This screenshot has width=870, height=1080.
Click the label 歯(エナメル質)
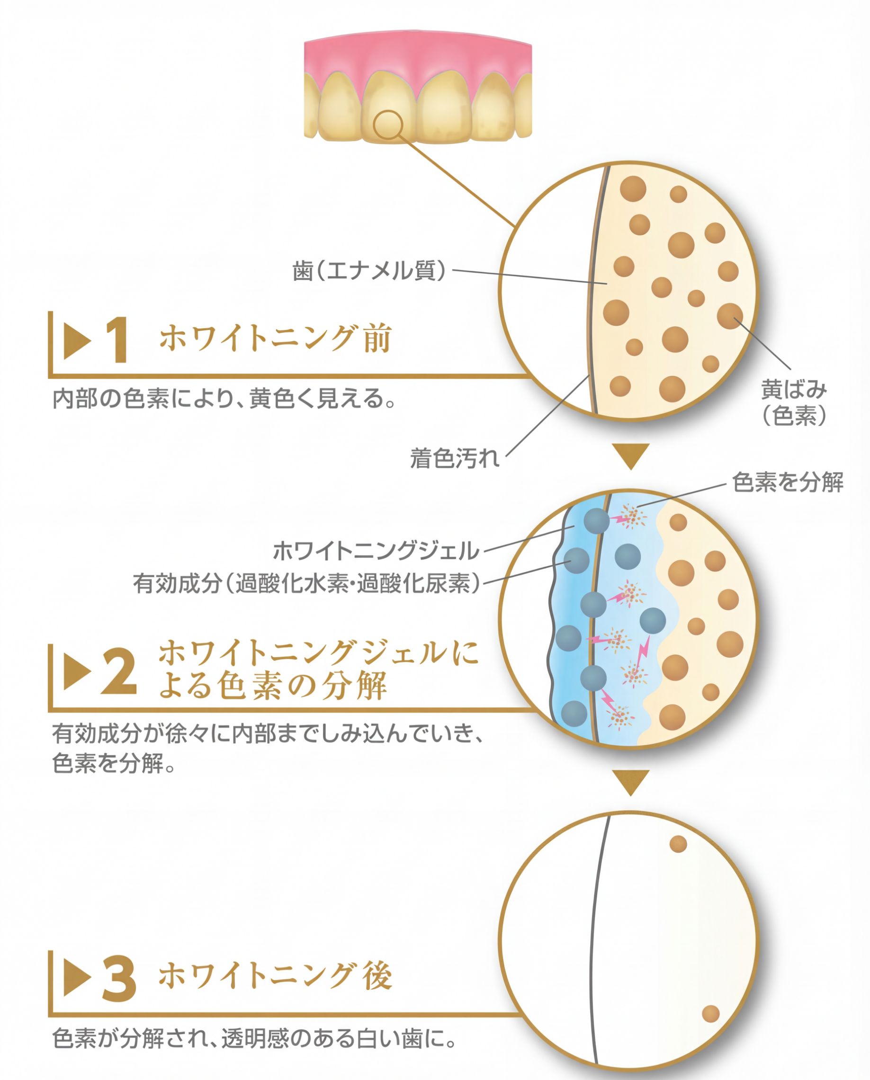(x=369, y=271)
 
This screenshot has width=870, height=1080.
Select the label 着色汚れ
(x=455, y=458)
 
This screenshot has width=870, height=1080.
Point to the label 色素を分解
(x=788, y=482)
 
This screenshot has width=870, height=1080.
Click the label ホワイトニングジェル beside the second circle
(x=376, y=551)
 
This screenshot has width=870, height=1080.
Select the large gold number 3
(x=119, y=979)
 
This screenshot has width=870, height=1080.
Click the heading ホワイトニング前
(x=275, y=338)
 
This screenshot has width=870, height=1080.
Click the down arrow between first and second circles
(x=631, y=455)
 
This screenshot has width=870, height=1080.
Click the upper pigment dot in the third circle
(x=678, y=844)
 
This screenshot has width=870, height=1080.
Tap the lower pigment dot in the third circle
(x=710, y=1014)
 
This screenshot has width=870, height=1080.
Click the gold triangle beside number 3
(x=76, y=978)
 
